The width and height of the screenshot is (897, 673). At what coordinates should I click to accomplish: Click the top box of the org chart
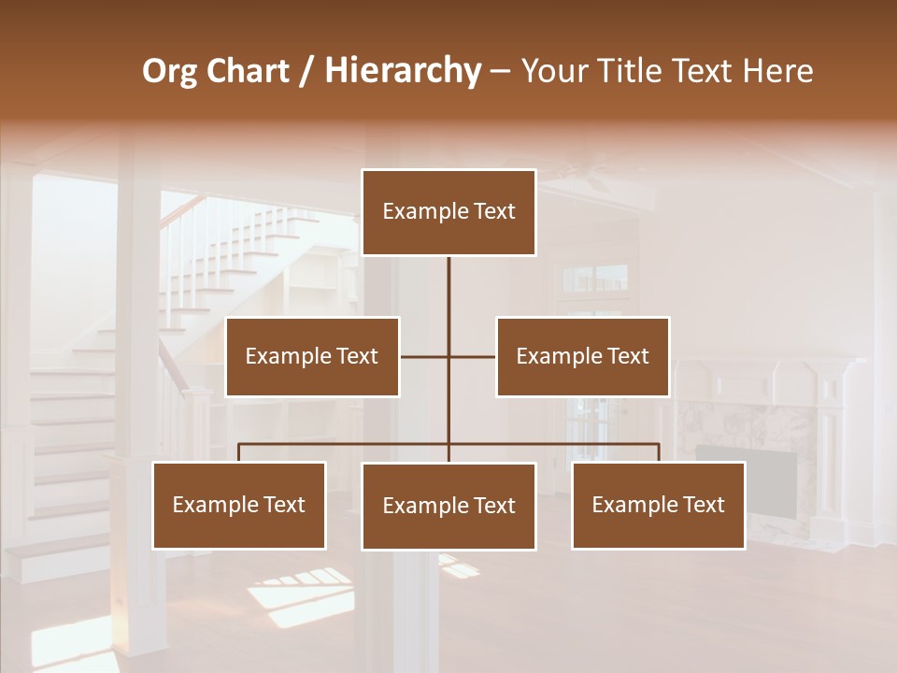448,212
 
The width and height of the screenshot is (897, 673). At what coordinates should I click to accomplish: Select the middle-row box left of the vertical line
312,356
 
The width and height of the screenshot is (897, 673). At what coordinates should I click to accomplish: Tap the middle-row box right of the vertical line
582,356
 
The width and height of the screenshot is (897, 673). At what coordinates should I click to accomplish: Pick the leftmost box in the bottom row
239,505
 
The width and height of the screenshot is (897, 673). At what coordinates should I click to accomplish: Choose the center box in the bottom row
448,506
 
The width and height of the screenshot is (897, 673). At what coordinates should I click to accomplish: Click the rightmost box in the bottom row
658,505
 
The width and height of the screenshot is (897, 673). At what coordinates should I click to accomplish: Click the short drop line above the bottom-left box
239,452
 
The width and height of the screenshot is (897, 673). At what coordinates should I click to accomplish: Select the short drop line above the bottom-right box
659,452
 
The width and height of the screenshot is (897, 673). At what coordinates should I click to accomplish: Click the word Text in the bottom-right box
704,505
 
